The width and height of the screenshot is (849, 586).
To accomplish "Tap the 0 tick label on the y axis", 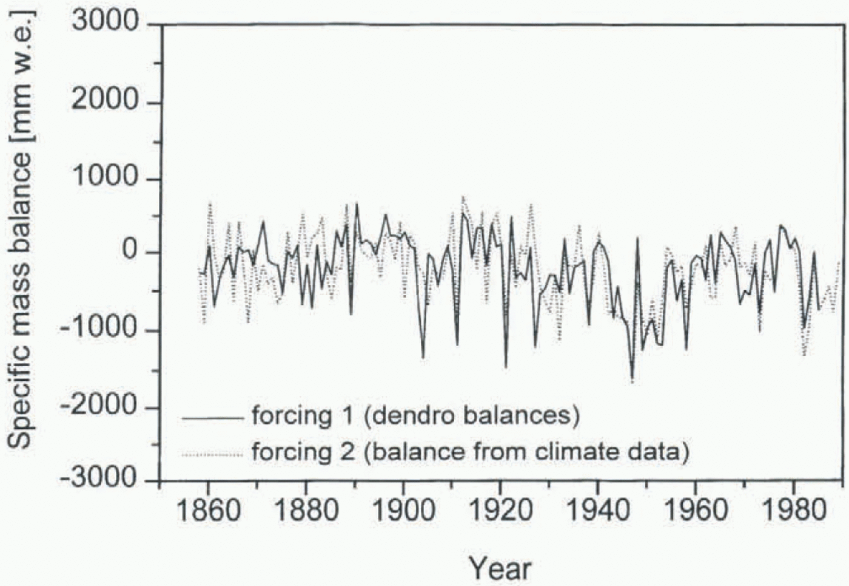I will [130, 251].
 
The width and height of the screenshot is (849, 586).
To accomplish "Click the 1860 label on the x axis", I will [208, 510].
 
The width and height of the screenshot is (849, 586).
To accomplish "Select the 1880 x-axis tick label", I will [306, 510].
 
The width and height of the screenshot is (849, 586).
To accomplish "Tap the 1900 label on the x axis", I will [403, 510].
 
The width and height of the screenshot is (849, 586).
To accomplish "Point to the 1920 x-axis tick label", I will [500, 510].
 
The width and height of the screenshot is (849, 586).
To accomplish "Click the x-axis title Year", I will [500, 568].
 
